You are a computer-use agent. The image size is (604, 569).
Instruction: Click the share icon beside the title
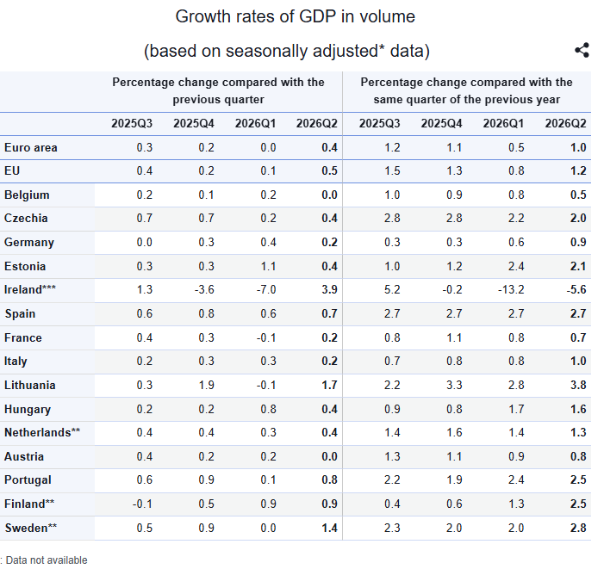[582, 50]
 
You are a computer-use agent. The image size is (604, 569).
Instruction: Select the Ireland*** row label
[30, 289]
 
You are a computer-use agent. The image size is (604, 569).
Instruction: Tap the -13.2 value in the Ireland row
[511, 289]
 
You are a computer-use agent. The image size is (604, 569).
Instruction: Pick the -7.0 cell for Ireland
[266, 289]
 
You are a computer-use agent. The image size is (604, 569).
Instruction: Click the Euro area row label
[31, 147]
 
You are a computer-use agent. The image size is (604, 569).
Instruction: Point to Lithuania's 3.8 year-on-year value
[578, 385]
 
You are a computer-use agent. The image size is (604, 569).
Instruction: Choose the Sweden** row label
[31, 528]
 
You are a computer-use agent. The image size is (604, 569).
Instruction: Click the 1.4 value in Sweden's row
[329, 528]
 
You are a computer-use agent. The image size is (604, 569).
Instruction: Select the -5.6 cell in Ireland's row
[576, 289]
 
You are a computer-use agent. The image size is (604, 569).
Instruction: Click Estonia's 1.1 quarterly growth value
[268, 266]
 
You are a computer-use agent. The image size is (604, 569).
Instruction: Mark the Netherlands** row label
[42, 432]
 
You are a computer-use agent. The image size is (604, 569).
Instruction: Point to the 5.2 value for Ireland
[392, 289]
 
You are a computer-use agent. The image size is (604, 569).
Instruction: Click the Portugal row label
[28, 479]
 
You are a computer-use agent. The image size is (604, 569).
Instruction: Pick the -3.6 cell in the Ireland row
[204, 289]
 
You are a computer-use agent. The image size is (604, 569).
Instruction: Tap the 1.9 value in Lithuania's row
[207, 385]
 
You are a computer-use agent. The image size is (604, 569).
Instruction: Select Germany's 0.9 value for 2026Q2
[578, 242]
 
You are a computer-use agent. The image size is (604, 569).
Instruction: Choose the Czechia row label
[26, 218]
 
